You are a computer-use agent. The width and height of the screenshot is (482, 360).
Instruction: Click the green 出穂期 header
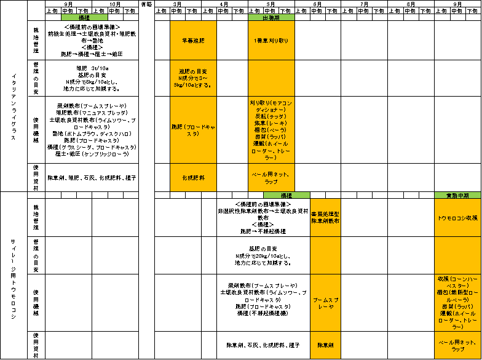point(271,17)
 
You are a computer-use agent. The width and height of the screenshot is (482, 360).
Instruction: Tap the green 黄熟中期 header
point(457,195)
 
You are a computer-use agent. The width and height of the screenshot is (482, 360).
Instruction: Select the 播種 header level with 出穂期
point(84,17)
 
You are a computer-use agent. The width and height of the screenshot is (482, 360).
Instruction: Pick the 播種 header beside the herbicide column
point(286,195)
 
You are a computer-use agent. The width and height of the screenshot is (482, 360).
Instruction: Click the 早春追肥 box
point(193,40)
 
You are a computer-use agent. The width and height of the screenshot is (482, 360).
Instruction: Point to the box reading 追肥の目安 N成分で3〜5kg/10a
point(193,78)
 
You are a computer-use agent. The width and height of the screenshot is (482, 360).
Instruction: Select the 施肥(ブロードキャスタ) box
point(193,130)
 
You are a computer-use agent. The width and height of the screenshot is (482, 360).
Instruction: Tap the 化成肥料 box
point(193,177)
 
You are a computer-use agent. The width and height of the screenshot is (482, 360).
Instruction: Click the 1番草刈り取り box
point(271,40)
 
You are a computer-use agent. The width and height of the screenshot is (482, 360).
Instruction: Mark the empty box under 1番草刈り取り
point(271,78)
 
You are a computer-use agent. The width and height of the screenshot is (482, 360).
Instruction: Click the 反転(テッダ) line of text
point(271,116)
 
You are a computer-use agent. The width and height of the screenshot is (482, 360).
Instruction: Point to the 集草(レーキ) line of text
point(271,123)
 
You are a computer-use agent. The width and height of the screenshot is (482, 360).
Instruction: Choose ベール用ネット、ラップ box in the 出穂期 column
point(271,178)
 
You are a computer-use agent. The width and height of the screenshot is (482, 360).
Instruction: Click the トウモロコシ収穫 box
point(457,217)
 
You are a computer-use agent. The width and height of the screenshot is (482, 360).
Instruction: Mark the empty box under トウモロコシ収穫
point(457,255)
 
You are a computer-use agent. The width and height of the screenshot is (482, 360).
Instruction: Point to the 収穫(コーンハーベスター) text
point(457,282)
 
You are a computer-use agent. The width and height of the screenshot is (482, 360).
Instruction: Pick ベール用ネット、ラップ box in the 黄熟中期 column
point(457,345)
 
